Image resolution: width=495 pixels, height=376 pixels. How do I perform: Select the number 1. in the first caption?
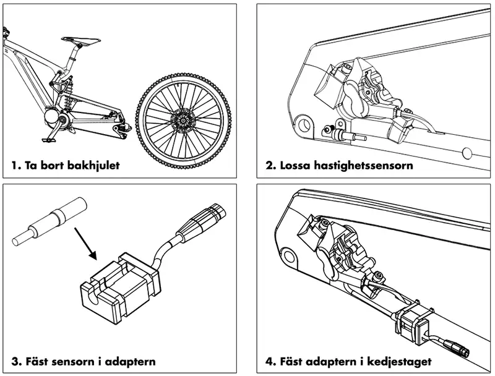[16, 166]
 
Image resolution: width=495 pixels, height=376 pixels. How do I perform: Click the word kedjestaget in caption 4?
[397, 361]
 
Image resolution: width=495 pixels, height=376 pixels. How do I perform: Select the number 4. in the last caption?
[270, 361]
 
